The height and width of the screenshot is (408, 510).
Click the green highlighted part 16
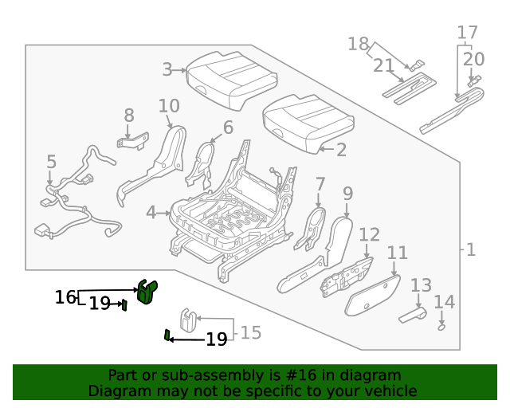(147, 292)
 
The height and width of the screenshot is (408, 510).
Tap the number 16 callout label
(65, 297)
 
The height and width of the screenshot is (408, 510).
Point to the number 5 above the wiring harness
(51, 163)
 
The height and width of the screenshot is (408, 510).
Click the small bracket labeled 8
(132, 142)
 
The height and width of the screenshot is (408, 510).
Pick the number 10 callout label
(168, 106)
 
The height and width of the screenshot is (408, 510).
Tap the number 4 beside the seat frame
(151, 213)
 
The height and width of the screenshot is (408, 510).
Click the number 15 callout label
(250, 333)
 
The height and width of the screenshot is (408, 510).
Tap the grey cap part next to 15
(189, 318)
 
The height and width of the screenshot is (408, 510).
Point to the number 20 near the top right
(473, 58)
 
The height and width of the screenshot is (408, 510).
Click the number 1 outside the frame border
(470, 250)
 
